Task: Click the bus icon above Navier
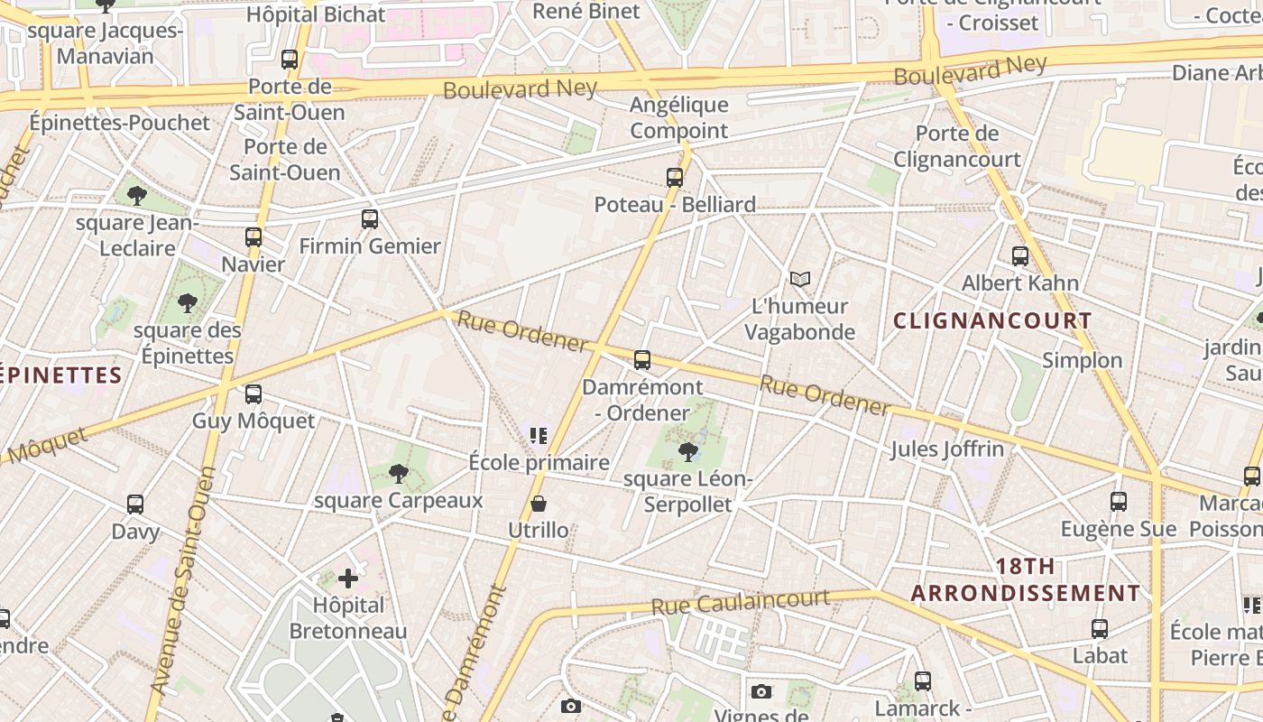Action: (254, 237)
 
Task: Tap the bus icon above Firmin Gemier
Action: (369, 218)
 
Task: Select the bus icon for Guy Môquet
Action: (254, 394)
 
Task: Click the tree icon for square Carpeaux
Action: (398, 474)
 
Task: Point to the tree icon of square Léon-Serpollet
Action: (688, 451)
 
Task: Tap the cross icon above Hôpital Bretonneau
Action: (348, 578)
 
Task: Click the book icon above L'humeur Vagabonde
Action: (800, 280)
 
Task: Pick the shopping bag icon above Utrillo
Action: (539, 504)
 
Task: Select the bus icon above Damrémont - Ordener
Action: (642, 360)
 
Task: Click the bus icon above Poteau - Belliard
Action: (675, 178)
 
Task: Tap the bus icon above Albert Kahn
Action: (1020, 256)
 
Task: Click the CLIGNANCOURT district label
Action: (992, 320)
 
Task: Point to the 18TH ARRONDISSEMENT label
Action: (1025, 579)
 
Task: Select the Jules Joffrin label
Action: (947, 449)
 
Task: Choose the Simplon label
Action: (1083, 360)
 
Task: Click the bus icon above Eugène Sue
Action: (1119, 502)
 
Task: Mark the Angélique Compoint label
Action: (678, 117)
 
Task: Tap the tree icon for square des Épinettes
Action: (188, 303)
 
